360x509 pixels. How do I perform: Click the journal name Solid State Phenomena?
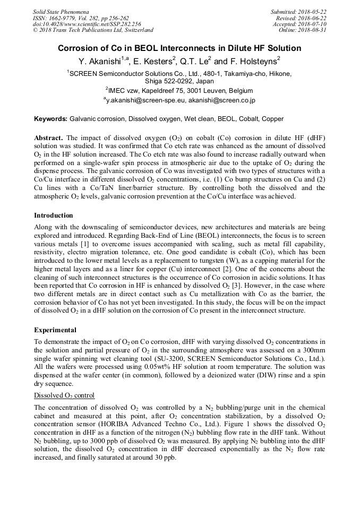[61, 12]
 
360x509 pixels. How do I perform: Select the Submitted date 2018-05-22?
[313, 12]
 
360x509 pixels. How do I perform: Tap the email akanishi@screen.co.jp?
[221, 100]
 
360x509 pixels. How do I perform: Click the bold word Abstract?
[49, 137]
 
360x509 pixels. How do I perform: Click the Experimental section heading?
[55, 330]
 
